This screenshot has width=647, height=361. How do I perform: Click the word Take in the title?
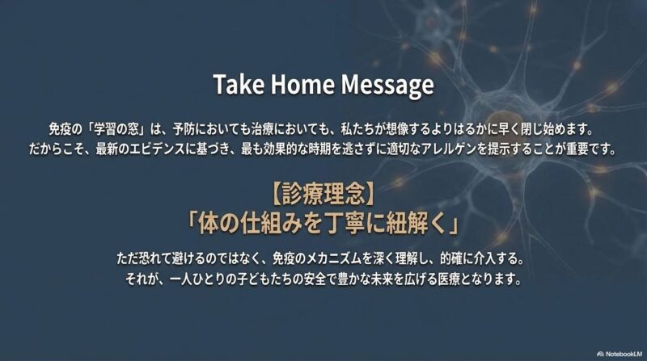click(239, 84)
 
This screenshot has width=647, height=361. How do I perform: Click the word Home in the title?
click(302, 84)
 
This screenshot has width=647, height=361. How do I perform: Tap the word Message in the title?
click(387, 86)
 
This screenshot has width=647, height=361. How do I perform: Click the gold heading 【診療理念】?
click(323, 194)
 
